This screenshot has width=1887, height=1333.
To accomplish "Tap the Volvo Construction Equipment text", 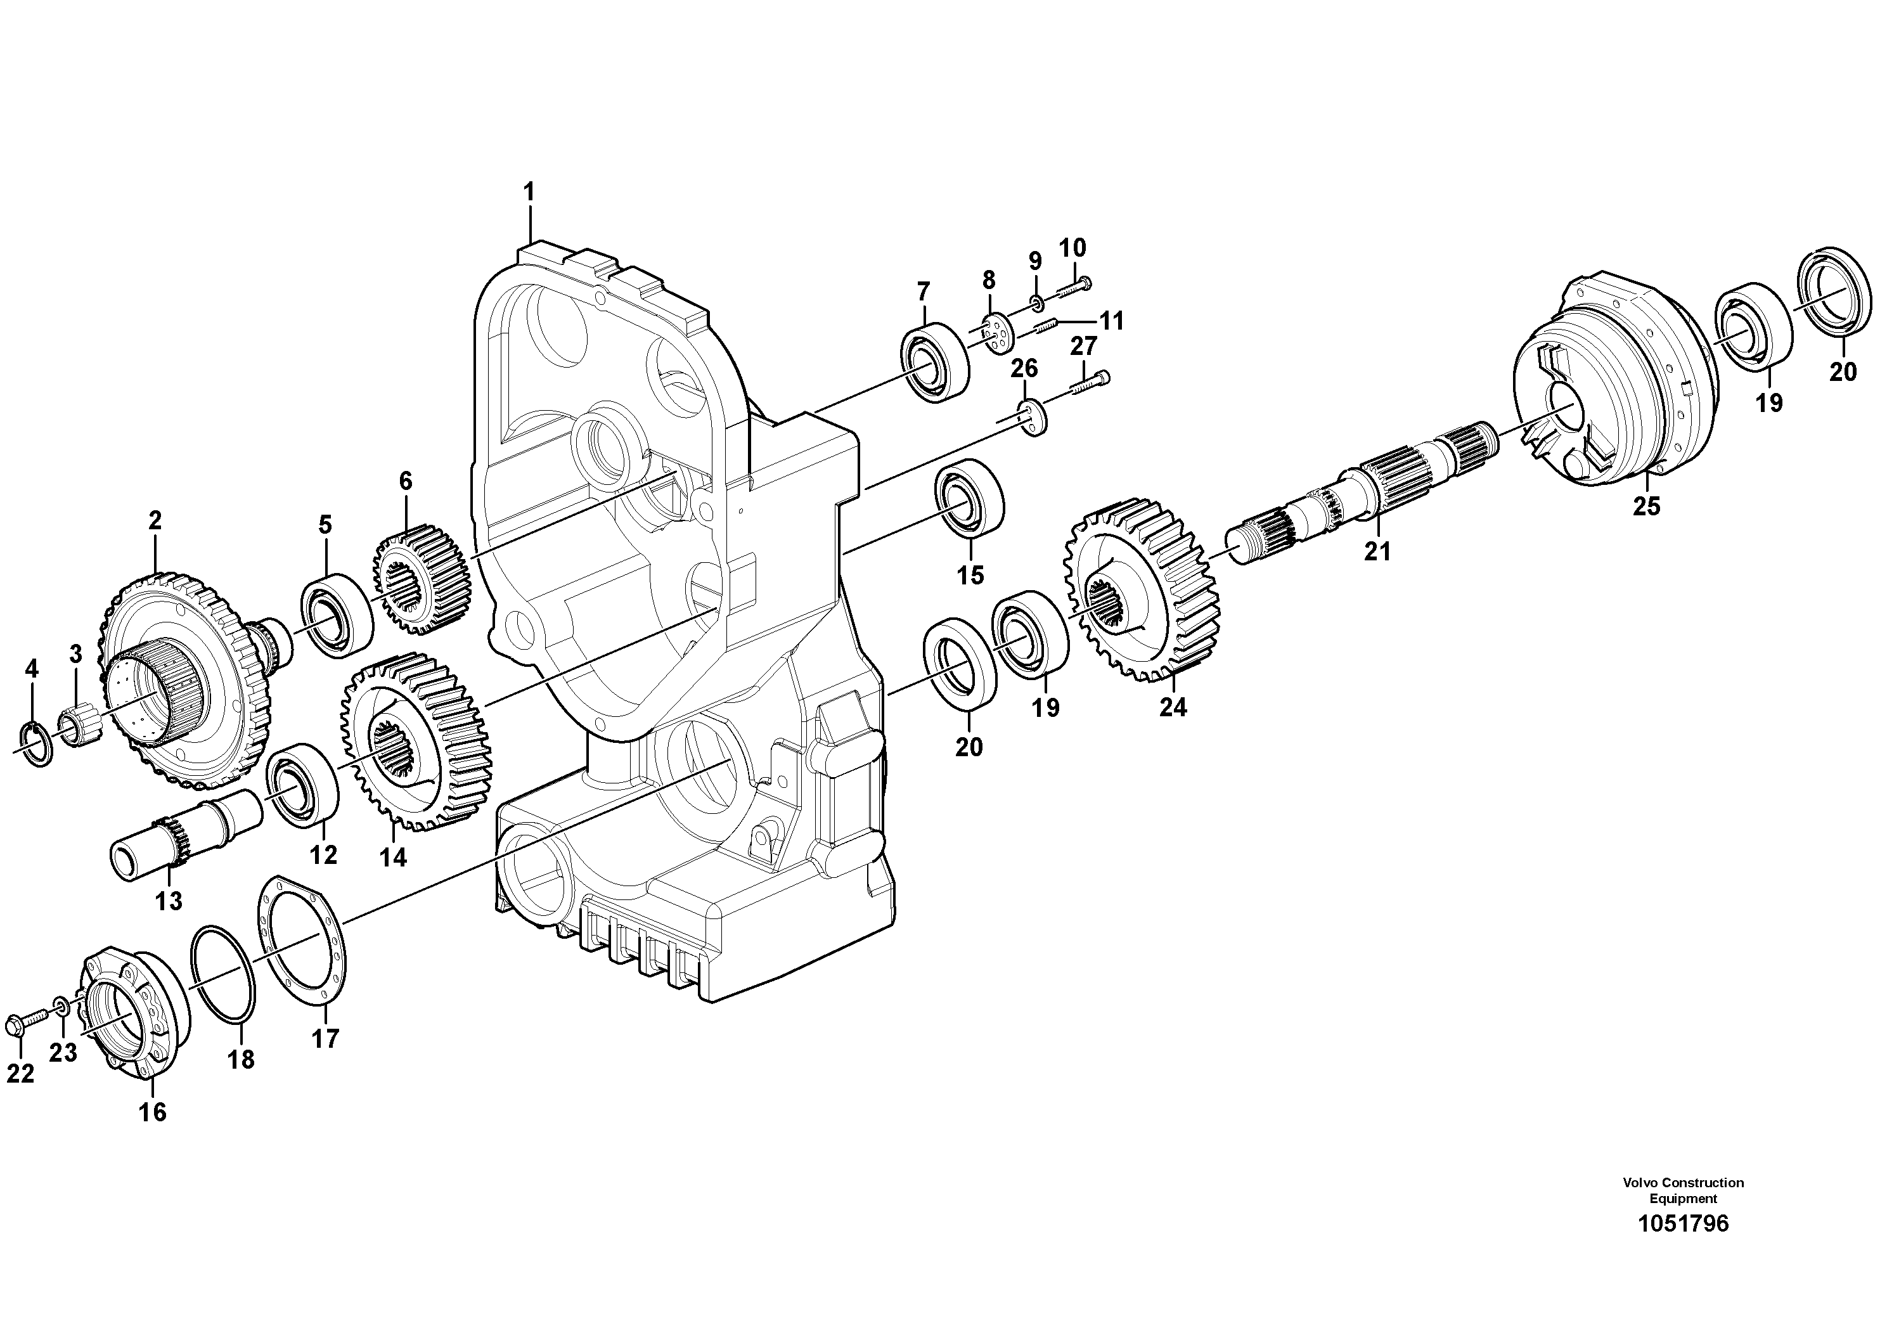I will point(1683,1190).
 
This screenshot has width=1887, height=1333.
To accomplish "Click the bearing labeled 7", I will point(936,363).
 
